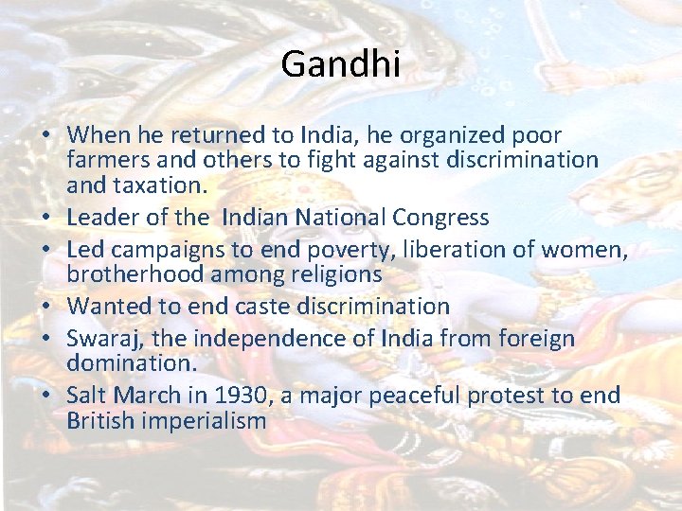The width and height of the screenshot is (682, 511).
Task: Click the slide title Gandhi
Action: coord(341,65)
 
